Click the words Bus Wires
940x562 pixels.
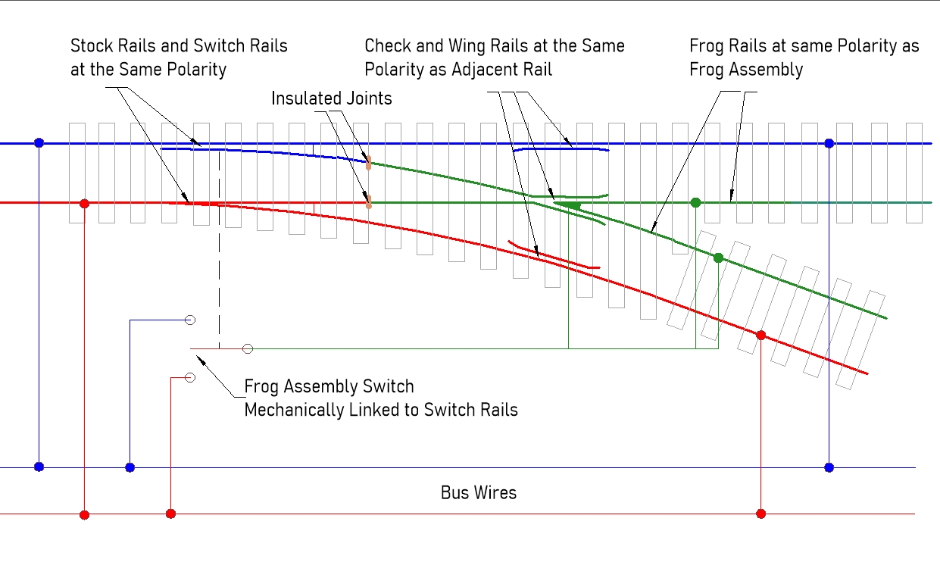(478, 493)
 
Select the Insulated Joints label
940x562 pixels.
(332, 98)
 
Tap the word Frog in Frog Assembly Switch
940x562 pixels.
(261, 387)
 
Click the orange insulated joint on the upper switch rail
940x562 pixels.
(369, 163)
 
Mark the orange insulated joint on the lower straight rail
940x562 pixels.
(369, 202)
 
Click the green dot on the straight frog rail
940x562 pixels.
(695, 202)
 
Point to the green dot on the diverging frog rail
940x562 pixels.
(718, 258)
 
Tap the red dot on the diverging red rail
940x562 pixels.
(761, 335)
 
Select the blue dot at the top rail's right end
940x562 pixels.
(829, 143)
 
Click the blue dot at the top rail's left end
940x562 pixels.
(39, 143)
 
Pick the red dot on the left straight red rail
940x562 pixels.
(85, 204)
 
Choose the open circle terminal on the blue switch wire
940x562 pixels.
(190, 320)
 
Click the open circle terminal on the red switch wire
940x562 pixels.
(190, 377)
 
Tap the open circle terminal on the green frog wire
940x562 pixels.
(248, 348)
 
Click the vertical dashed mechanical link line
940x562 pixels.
(220, 250)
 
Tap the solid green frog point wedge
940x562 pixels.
(570, 205)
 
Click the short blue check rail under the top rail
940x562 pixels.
(561, 150)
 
